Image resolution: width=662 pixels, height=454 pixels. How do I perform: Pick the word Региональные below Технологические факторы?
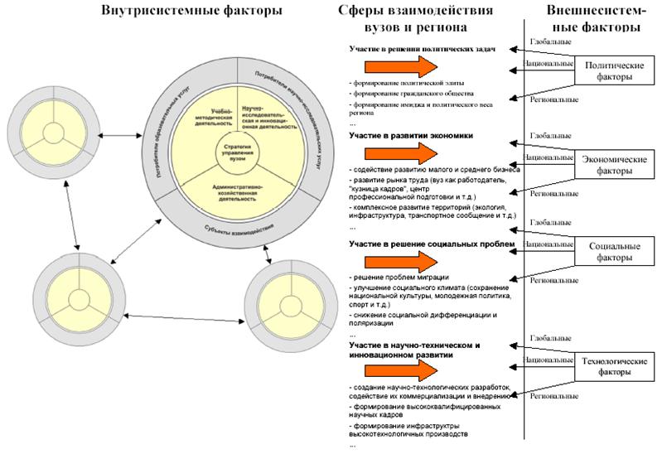(x=553, y=397)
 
